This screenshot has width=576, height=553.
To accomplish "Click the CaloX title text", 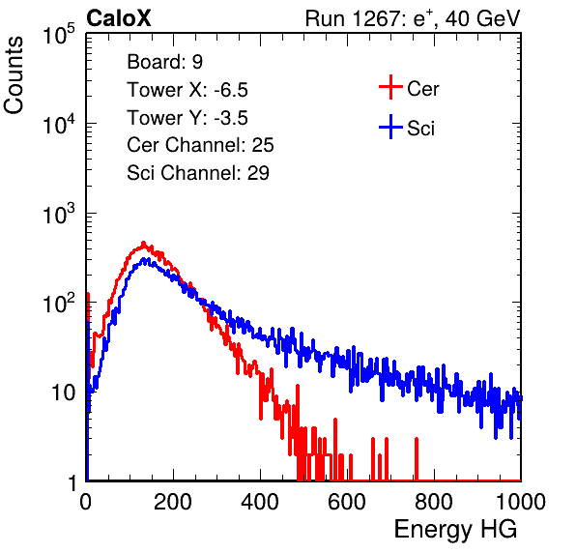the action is pyautogui.click(x=119, y=18).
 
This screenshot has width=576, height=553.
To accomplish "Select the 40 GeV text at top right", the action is pyautogui.click(x=482, y=18).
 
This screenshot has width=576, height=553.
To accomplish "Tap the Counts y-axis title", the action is pyautogui.click(x=14, y=74).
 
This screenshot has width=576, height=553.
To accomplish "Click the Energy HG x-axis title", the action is pyautogui.click(x=455, y=530).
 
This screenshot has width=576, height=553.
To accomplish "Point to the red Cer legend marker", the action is pyautogui.click(x=390, y=87).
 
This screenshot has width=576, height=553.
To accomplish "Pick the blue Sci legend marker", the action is pyautogui.click(x=390, y=128).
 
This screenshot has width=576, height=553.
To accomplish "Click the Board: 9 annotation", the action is pyautogui.click(x=164, y=62).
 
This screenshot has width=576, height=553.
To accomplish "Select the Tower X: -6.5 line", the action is pyautogui.click(x=187, y=90).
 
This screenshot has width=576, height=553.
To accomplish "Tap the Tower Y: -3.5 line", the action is pyautogui.click(x=187, y=118).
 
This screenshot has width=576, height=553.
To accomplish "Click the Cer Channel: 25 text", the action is pyautogui.click(x=200, y=145).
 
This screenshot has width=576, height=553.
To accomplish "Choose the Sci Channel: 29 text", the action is pyautogui.click(x=198, y=173).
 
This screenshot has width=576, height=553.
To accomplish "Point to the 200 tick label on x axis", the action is pyautogui.click(x=173, y=502).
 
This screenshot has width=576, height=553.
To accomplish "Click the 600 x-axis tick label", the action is pyautogui.click(x=347, y=502).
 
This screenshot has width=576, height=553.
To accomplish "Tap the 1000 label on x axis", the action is pyautogui.click(x=521, y=502).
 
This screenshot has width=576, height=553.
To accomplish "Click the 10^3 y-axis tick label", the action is pyautogui.click(x=59, y=214).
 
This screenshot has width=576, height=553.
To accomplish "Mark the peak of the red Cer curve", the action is pyautogui.click(x=144, y=243).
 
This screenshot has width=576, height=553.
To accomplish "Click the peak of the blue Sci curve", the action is pyautogui.click(x=144, y=260).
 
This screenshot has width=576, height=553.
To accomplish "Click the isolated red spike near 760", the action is pyautogui.click(x=417, y=458).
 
